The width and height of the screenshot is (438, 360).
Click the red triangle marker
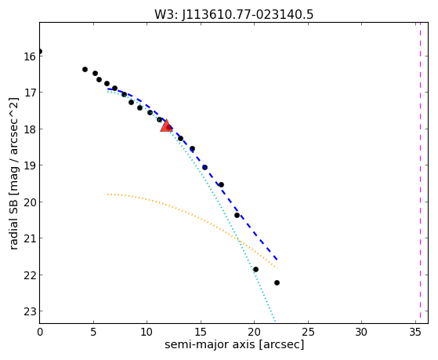click(166, 125)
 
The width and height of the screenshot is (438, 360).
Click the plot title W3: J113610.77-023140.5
click(234, 15)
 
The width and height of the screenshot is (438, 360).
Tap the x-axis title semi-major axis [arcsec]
click(234, 344)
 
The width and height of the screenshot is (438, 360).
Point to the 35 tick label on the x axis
click(415, 333)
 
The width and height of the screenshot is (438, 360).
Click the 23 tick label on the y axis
click(30, 311)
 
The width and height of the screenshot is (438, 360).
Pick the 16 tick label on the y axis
click(30, 56)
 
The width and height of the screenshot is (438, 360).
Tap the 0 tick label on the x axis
click(40, 333)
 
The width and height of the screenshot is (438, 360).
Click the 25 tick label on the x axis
click(308, 333)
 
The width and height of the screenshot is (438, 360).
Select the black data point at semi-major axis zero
click(40, 52)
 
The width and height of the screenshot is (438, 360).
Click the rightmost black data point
click(277, 283)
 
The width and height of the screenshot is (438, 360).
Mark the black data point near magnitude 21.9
click(255, 269)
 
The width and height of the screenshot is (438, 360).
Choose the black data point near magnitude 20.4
click(237, 216)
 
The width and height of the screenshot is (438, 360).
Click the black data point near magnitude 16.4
click(85, 69)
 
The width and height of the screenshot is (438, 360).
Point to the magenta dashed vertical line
click(420, 173)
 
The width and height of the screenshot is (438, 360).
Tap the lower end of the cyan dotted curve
click(276, 321)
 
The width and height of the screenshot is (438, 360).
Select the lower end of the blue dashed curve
click(277, 260)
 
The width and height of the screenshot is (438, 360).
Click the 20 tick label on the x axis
click(254, 333)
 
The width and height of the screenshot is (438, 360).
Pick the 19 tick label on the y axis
click(30, 165)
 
